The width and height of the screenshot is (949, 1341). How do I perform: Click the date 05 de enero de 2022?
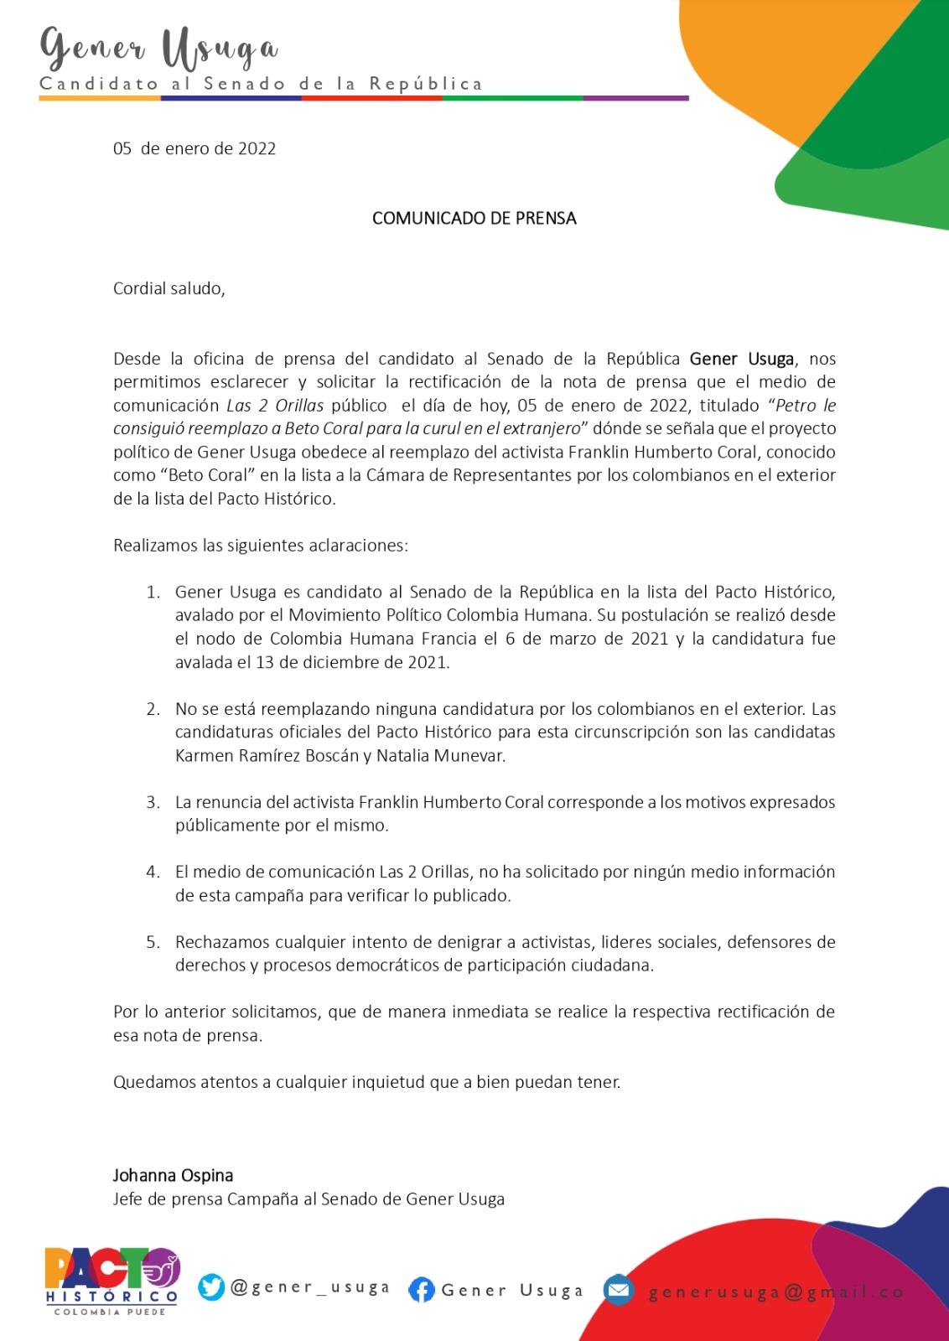194,149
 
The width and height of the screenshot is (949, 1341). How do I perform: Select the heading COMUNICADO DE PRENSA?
474,219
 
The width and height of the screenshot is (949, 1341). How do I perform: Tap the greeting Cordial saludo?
169,289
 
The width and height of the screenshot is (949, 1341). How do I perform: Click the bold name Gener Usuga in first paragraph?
741,360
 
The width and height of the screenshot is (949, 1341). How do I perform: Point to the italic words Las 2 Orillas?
275,406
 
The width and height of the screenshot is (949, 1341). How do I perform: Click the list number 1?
153,593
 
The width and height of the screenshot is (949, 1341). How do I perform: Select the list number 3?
153,803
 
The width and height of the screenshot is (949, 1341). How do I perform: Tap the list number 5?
153,943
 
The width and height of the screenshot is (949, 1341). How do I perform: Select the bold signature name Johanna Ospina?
173,1176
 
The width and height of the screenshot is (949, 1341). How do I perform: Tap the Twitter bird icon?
211,1287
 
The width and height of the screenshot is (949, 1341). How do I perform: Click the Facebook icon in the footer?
422,1290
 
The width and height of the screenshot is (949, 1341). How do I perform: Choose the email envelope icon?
619,1289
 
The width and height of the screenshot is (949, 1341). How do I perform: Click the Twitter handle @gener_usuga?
310,1287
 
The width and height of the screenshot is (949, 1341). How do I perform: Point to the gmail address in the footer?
775,1292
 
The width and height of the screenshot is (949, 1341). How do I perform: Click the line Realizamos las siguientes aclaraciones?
261,546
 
